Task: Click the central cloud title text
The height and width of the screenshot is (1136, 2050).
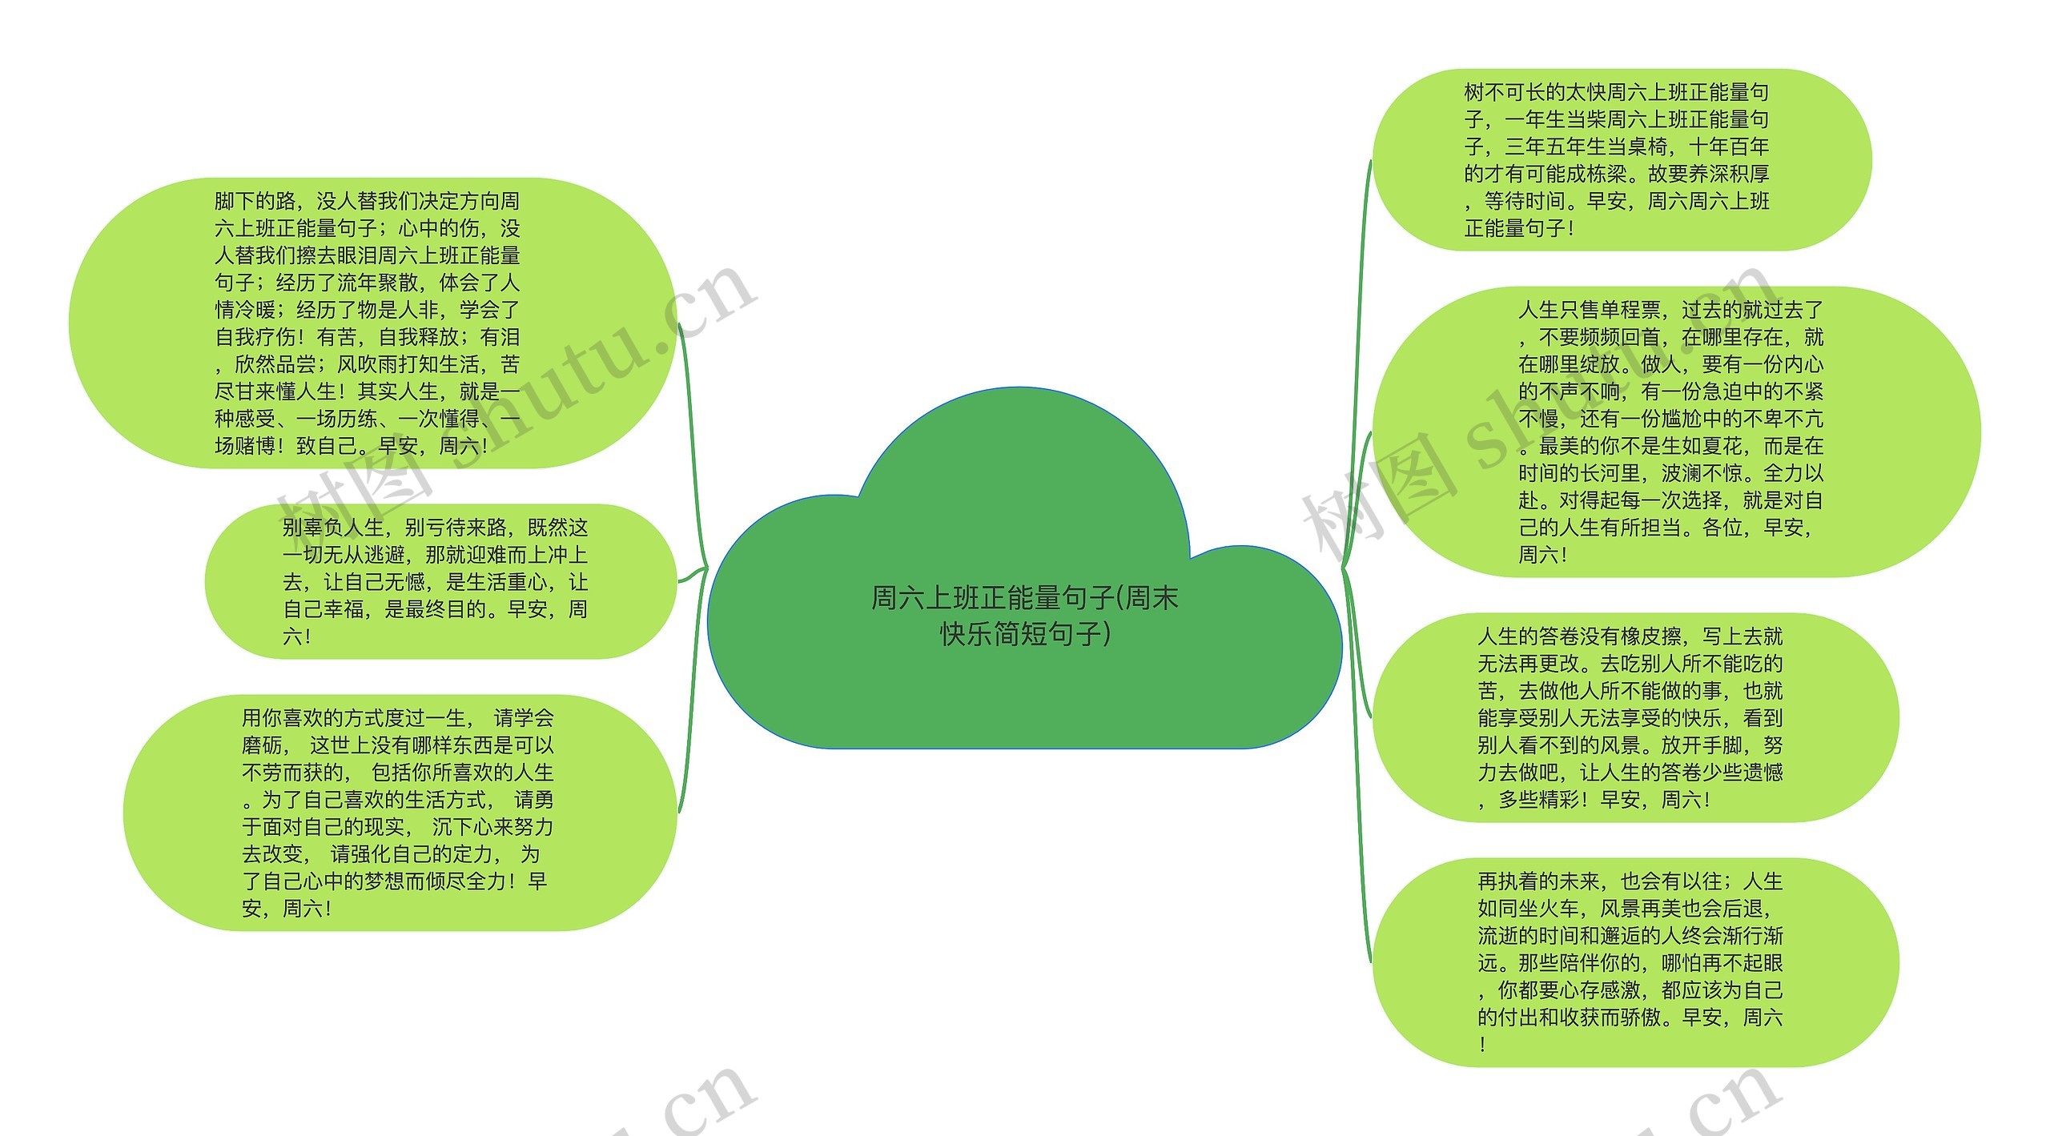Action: [1024, 615]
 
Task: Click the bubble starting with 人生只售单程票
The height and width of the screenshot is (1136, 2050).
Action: [1674, 432]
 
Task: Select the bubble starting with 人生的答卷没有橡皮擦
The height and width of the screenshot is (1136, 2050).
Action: [1634, 717]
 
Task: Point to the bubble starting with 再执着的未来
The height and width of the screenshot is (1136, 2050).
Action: [1634, 962]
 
